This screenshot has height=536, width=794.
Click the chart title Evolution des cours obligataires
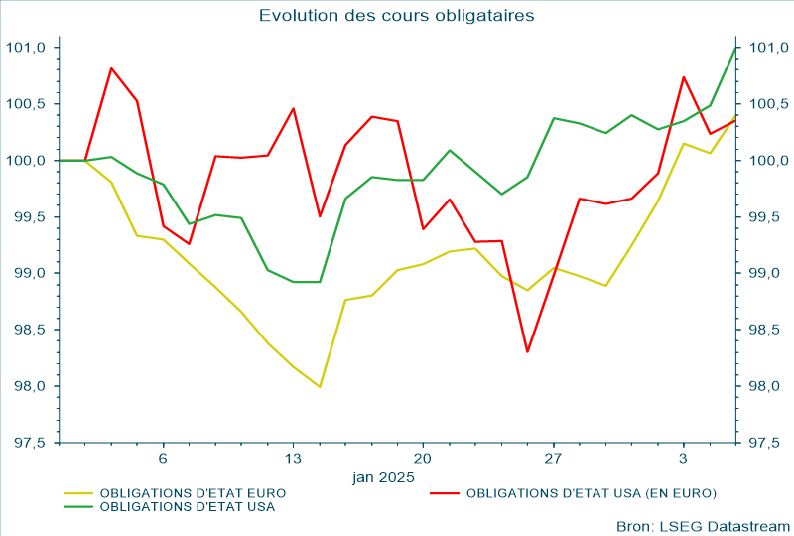click(x=397, y=15)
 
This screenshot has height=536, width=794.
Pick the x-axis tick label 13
click(x=293, y=459)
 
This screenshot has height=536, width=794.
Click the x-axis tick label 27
click(x=553, y=459)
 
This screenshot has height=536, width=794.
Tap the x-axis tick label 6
click(x=163, y=459)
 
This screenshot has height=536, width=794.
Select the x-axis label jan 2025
click(x=383, y=477)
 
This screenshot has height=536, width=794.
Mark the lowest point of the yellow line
click(x=320, y=387)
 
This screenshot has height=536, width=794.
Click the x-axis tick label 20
click(x=423, y=459)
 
